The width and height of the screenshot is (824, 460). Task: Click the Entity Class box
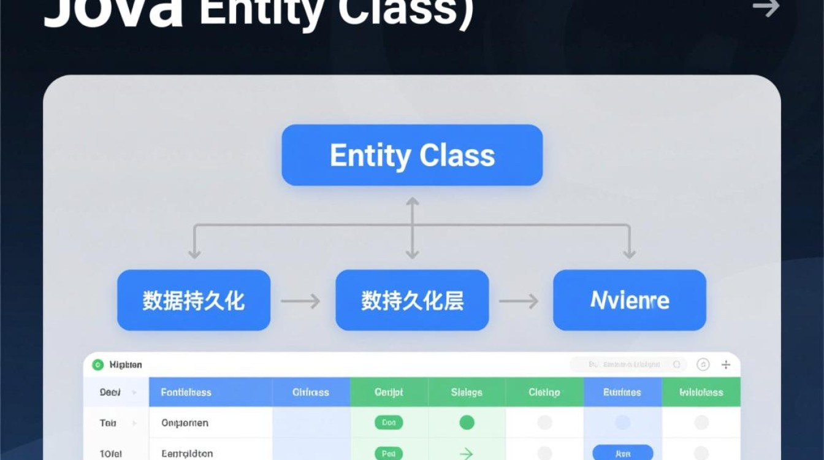(x=412, y=155)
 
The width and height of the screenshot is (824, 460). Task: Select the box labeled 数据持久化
(x=194, y=301)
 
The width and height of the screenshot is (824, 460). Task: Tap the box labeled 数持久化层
(x=412, y=301)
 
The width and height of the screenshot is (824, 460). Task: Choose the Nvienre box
(x=630, y=301)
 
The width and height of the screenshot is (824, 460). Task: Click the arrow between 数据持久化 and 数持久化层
(x=300, y=301)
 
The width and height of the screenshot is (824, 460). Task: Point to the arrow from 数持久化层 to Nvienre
(x=519, y=301)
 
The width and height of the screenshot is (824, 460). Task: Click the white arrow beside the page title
(x=766, y=8)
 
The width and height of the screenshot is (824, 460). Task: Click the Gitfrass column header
(x=311, y=393)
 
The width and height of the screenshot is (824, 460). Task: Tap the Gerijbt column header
(x=389, y=393)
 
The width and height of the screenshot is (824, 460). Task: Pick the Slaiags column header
(x=467, y=393)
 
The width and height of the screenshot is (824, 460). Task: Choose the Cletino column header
(x=544, y=393)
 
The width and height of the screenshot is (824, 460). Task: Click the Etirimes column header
(x=622, y=393)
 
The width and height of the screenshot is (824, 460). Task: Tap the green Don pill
(x=389, y=423)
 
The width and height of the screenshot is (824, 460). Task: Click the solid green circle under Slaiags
(x=467, y=423)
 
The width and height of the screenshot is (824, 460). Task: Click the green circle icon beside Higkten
(x=97, y=365)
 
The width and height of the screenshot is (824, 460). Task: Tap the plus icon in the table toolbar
(x=726, y=365)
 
